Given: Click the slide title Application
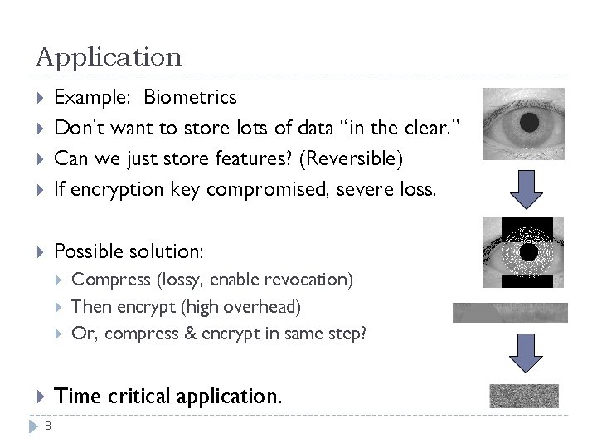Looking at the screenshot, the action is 109,57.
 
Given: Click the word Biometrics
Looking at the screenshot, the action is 190,97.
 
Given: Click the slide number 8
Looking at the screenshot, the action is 48,426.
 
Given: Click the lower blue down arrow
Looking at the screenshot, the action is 525,352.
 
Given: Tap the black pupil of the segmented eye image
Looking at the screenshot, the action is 527,251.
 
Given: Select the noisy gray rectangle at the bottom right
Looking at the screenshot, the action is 523,396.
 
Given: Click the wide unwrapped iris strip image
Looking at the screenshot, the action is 510,312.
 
